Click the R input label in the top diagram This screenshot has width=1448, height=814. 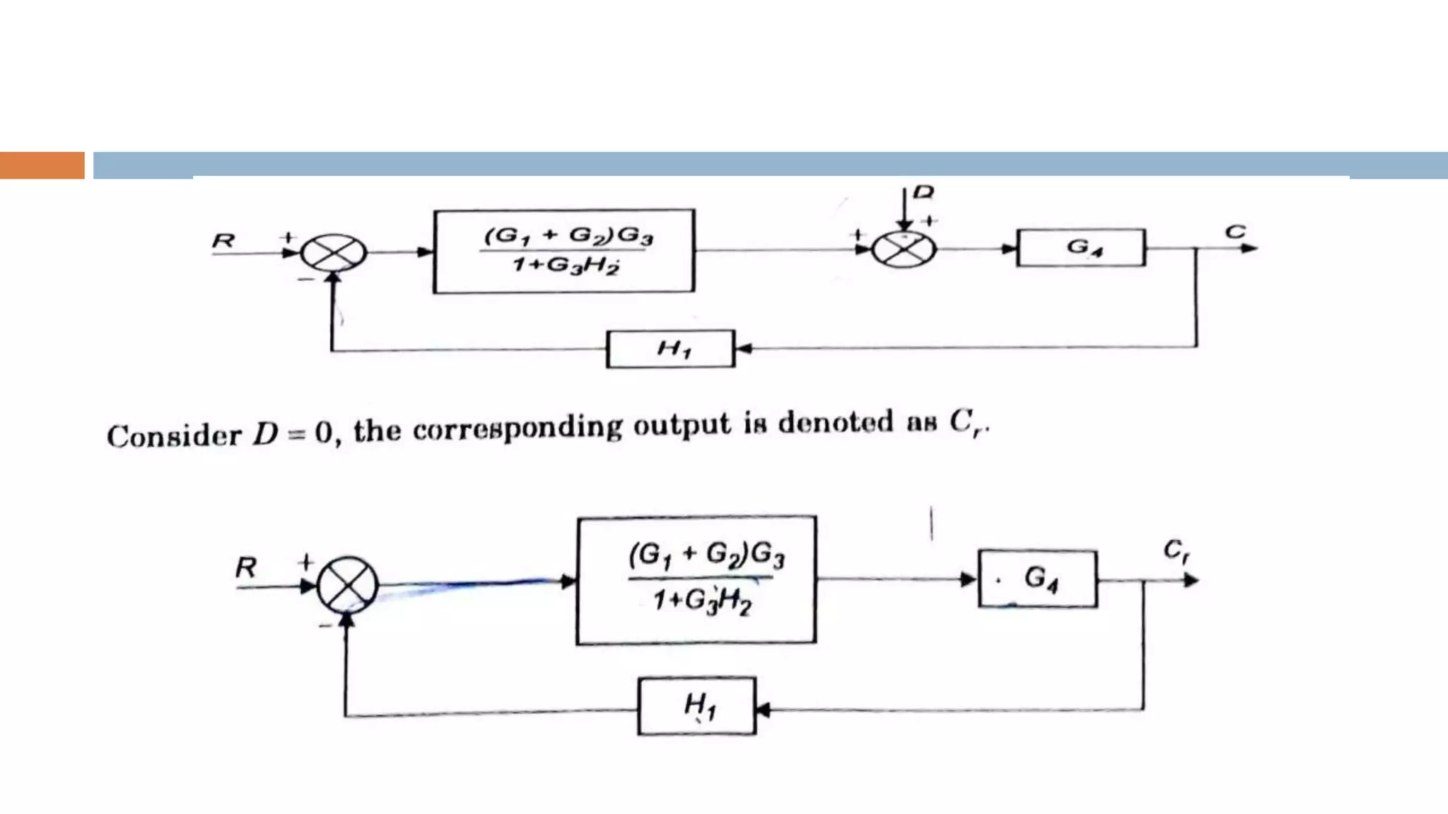pos(223,241)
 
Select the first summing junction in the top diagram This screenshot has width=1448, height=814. pos(334,252)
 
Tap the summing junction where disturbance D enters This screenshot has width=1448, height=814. pos(904,249)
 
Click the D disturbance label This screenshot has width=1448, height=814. pos(923,192)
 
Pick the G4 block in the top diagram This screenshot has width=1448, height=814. pos(1081,247)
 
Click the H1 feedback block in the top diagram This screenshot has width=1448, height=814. pos(670,348)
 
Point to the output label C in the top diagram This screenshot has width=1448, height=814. pos(1235,232)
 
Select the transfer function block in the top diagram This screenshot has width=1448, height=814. pos(564,251)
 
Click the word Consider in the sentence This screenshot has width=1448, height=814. pos(174,435)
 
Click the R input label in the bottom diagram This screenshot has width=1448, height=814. pos(246,567)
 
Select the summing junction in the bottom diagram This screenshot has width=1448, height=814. pos(347,585)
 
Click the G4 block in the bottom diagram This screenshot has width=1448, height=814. pos(1038,579)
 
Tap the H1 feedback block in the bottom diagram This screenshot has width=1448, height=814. pos(697,706)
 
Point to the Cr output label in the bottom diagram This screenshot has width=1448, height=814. pos(1176,550)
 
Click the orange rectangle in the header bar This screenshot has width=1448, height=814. pos(42,165)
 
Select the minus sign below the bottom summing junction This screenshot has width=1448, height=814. pos(325,625)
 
